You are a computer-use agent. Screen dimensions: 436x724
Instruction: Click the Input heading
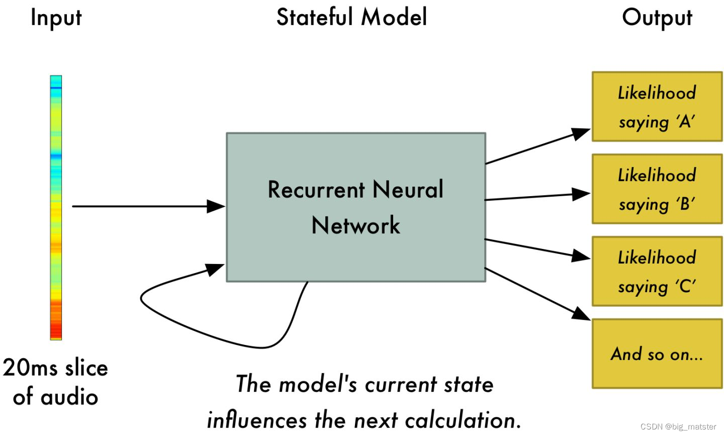(x=56, y=18)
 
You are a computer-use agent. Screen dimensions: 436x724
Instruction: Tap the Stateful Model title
(x=351, y=17)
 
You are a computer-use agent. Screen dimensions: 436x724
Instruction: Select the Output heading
(x=657, y=18)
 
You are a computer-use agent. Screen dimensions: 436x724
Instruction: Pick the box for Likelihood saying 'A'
(x=657, y=107)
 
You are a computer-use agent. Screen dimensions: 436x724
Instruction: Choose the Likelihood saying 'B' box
(x=657, y=189)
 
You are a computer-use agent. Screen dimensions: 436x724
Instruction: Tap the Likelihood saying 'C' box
(x=657, y=272)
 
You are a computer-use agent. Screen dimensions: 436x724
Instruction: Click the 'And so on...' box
(x=657, y=354)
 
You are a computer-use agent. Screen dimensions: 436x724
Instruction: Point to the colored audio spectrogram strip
(x=56, y=207)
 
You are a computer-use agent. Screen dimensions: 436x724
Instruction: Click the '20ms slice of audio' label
(x=55, y=382)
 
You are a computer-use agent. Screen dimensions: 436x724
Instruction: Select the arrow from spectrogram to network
(x=146, y=206)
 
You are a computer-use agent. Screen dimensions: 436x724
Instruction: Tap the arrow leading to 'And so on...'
(x=538, y=294)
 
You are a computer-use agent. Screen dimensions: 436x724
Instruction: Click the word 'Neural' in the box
(x=408, y=190)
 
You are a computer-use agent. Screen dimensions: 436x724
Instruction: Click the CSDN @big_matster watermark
(x=678, y=426)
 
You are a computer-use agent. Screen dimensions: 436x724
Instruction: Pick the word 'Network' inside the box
(x=355, y=225)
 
